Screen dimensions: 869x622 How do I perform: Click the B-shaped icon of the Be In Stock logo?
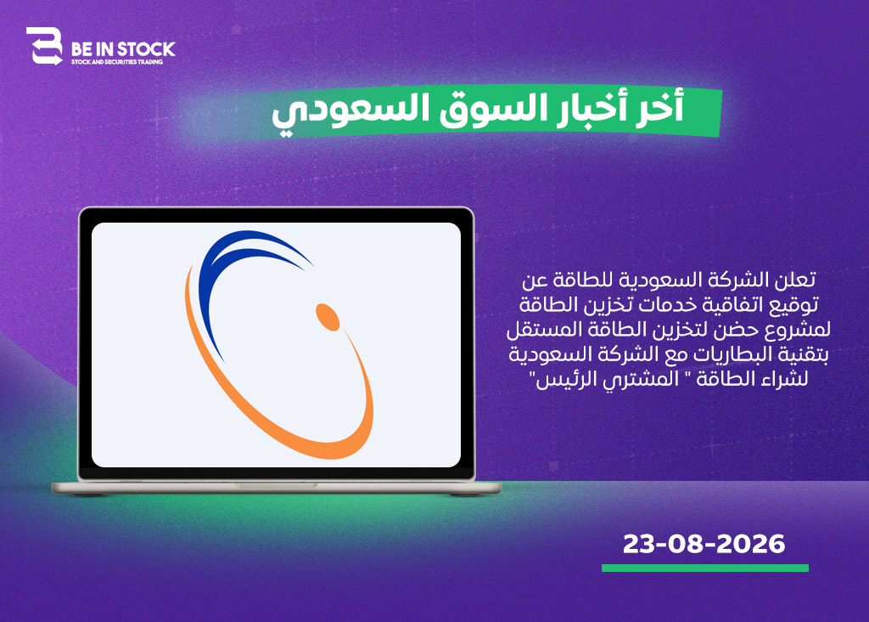click(44, 46)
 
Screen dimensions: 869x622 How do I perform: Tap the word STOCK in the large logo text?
click(146, 49)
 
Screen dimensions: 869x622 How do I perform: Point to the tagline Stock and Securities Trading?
click(117, 62)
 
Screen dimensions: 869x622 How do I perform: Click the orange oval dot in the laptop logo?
click(328, 317)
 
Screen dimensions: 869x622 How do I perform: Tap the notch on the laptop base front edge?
click(277, 485)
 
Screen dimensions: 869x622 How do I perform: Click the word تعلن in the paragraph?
click(796, 280)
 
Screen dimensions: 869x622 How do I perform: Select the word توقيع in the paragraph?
click(799, 305)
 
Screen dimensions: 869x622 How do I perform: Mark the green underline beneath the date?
click(705, 568)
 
